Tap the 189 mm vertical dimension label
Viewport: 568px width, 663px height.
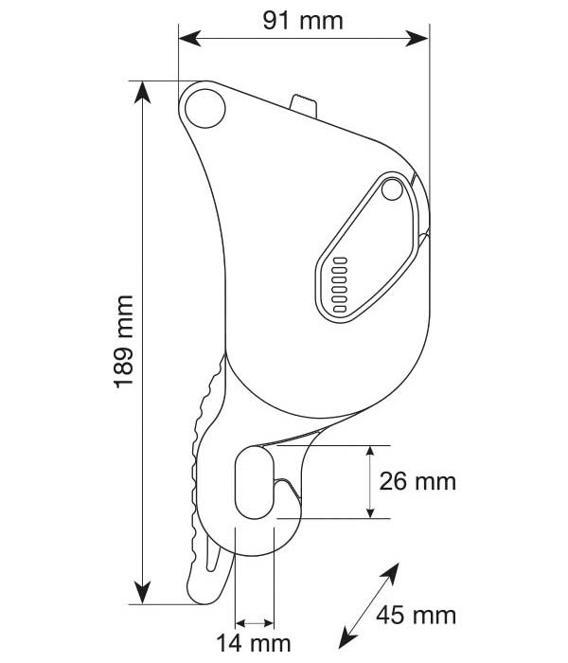click(124, 341)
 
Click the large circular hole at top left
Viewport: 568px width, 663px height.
click(204, 106)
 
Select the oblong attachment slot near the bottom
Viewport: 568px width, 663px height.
click(254, 482)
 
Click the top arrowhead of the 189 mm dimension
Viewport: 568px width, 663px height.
click(142, 90)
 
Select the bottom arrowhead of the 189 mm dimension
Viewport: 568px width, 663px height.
click(142, 593)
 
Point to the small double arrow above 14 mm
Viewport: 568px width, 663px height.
click(254, 623)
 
